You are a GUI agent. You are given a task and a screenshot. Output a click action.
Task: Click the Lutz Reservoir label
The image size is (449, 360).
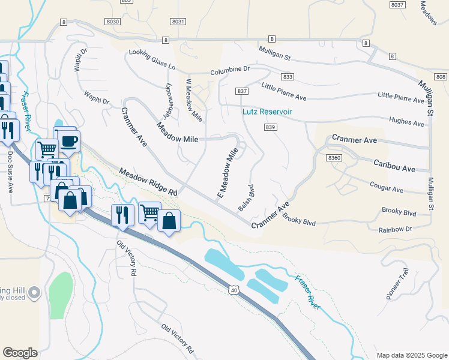coord(267,112)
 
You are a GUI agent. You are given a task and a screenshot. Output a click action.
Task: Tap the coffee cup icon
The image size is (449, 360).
coord(70,142)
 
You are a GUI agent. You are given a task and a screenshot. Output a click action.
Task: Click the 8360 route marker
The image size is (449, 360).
coord(334,157)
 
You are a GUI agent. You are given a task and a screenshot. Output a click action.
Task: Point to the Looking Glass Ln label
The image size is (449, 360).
coord(152,62)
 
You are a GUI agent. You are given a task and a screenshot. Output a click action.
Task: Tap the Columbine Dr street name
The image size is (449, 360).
coord(230,71)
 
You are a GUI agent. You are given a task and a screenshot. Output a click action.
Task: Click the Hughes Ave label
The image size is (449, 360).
coord(407,122)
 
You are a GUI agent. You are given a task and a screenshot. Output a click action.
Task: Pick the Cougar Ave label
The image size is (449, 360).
coord(387,188)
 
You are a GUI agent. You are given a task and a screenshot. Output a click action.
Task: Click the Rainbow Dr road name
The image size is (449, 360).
coord(395,229)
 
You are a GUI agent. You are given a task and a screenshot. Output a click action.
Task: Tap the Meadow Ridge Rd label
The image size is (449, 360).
coord(149,182)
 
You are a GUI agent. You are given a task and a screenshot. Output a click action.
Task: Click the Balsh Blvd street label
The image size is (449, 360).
coord(244,197)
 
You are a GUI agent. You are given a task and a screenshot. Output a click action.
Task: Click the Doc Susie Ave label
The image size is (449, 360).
coord(10,172)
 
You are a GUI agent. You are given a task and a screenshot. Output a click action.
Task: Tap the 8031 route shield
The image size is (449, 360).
coord(178,21)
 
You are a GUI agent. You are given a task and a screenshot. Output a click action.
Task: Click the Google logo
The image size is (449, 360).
coord(20,352)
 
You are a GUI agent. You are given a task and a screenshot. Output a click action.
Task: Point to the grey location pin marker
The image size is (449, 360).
coord(34,293)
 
